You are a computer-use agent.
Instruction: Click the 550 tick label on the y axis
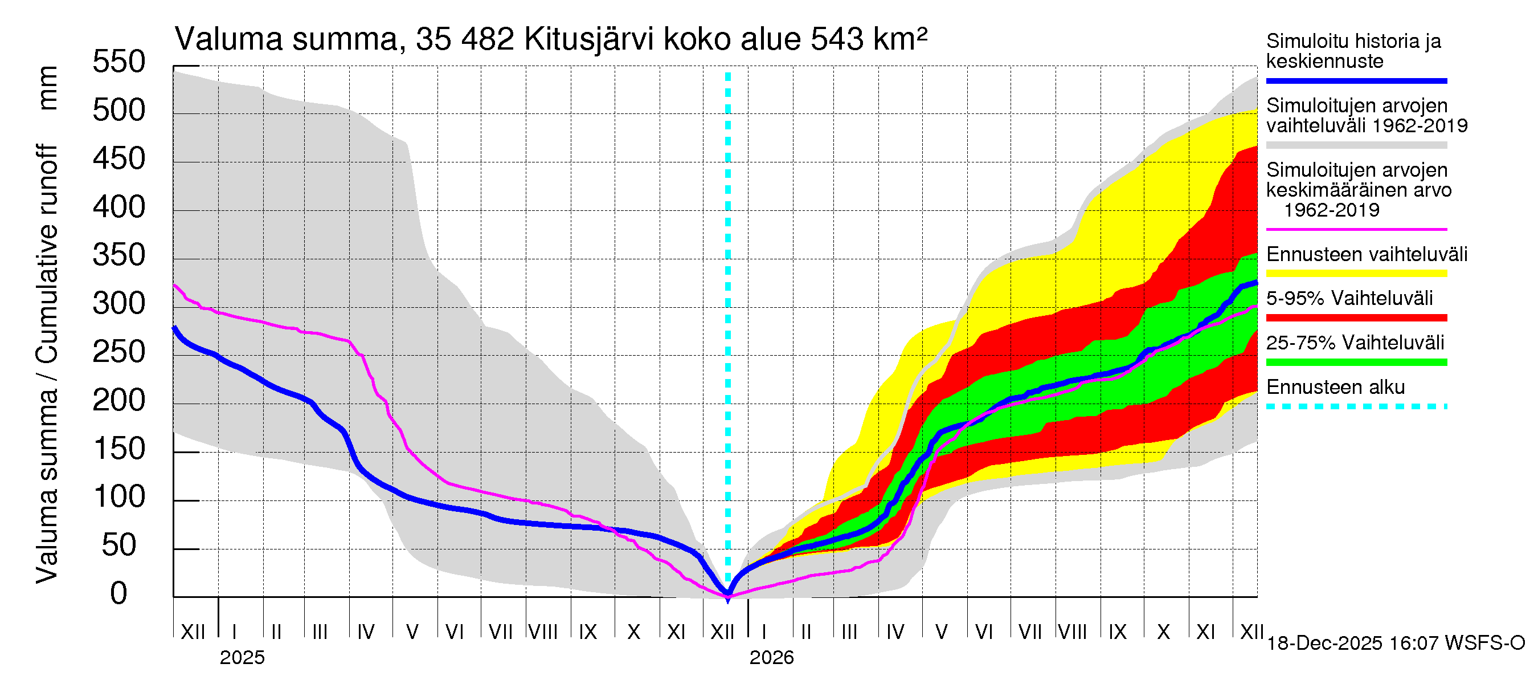(119, 62)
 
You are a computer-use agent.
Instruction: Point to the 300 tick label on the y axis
(119, 303)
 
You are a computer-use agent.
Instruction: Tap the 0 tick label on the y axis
(119, 593)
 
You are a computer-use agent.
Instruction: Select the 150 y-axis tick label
(119, 449)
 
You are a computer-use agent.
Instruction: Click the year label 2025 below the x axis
(242, 658)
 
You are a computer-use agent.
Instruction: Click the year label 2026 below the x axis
(771, 658)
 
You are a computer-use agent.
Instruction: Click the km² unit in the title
(900, 39)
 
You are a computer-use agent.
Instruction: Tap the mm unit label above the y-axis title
(47, 88)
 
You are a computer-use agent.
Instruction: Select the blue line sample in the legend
(1356, 80)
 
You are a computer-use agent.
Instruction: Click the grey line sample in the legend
(1356, 145)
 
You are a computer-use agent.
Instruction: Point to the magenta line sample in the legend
(1356, 229)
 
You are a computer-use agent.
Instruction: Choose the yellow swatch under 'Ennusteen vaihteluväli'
(1356, 274)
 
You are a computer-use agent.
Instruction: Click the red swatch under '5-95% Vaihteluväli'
(1356, 318)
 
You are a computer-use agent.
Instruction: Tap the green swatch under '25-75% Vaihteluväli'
(1356, 362)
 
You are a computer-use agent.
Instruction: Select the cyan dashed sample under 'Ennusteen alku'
(1356, 407)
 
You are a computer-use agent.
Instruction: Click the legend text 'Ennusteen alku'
(1336, 387)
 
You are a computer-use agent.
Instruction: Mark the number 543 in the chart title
(836, 39)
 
